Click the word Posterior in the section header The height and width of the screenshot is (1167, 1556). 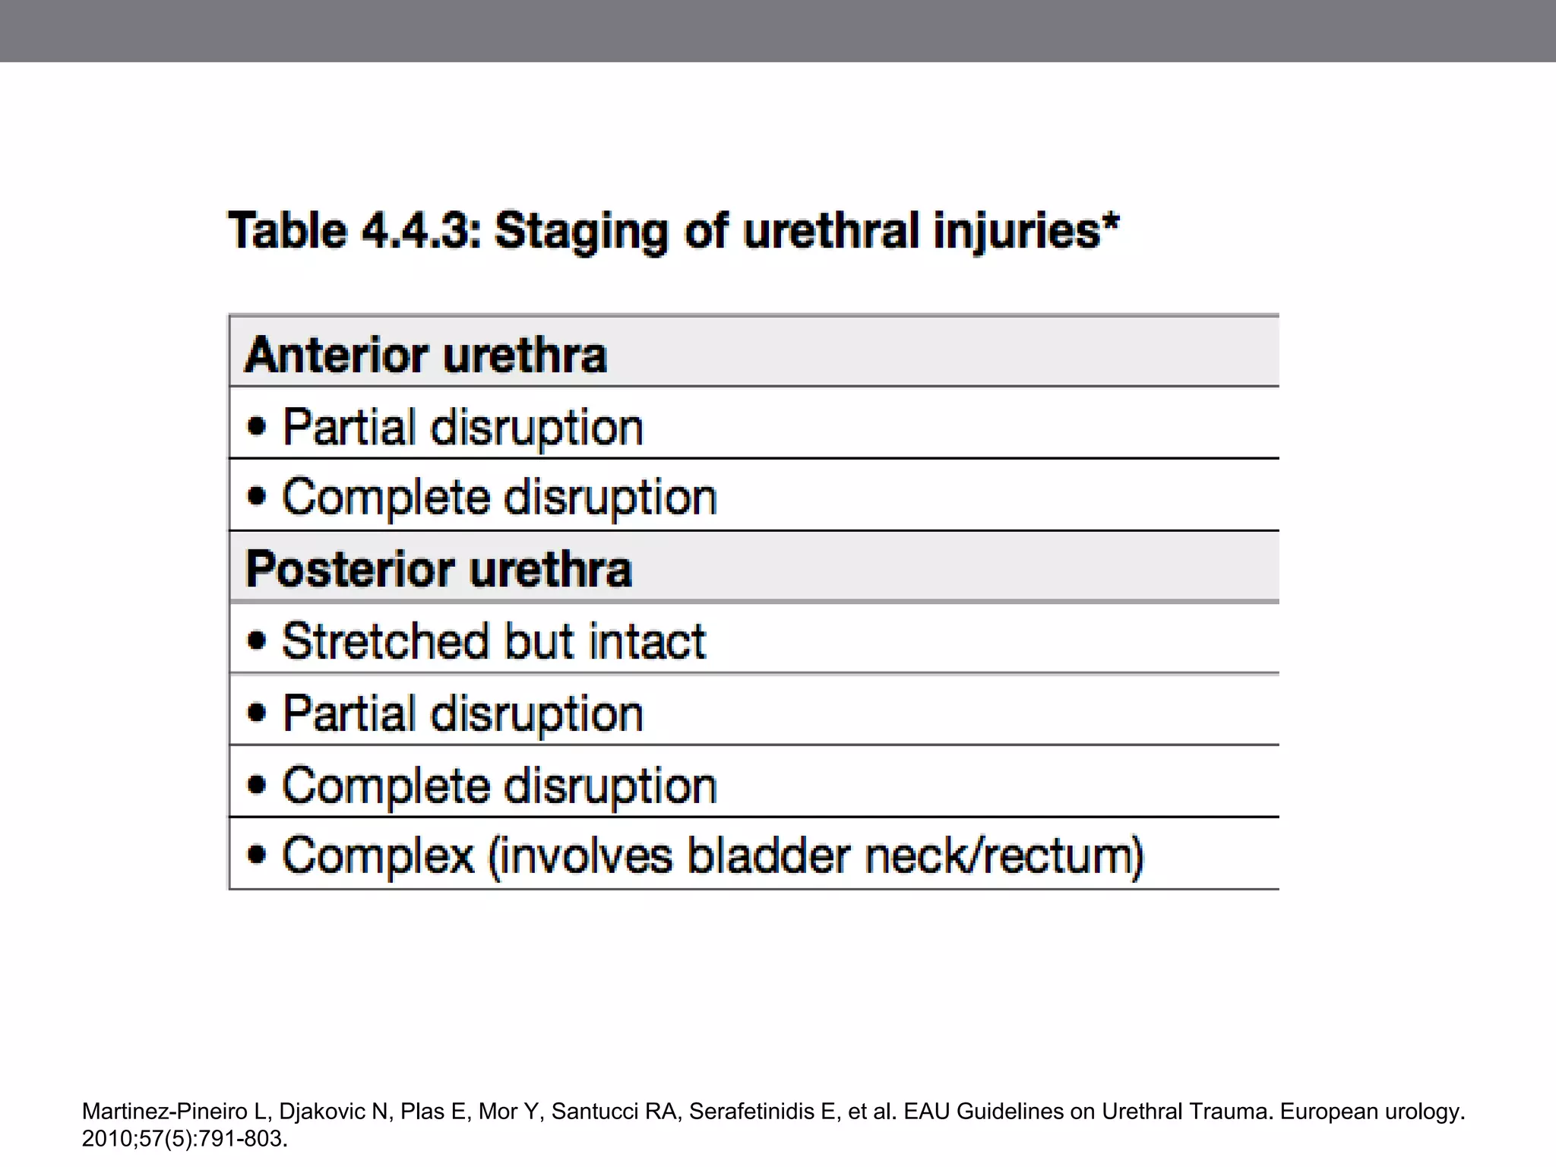pos(349,569)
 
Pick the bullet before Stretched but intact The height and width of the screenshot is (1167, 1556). pos(257,640)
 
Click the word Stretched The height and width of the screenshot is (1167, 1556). pos(385,640)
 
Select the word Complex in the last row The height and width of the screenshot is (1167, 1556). pos(378,856)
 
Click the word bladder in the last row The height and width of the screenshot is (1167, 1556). pos(768,855)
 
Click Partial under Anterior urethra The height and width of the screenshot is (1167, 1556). pos(349,427)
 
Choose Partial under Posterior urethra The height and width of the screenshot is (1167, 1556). pos(349,713)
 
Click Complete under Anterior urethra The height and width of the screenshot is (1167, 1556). pos(385,498)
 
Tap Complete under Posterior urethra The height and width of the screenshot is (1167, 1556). pos(385,785)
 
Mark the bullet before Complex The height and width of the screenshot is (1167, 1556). pos(257,854)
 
